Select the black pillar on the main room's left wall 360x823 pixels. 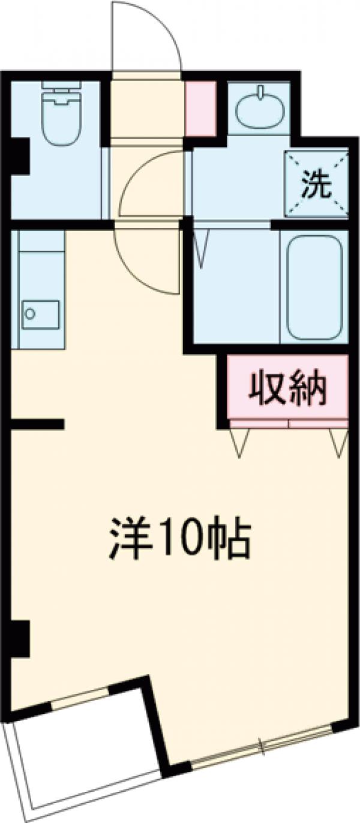tap(20, 638)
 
